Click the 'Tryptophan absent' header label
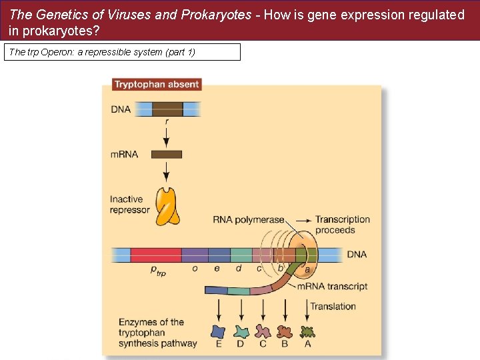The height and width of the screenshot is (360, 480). [156, 85]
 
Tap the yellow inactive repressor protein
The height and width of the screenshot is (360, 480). [167, 205]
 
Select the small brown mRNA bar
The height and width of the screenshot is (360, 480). [167, 155]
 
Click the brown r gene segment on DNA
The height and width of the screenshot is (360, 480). [167, 109]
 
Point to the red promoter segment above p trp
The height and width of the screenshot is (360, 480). [155, 255]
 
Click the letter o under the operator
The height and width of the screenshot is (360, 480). [195, 269]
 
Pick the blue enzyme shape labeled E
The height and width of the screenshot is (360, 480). [218, 331]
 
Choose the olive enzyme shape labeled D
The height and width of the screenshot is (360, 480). [241, 331]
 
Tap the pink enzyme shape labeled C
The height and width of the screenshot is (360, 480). [263, 331]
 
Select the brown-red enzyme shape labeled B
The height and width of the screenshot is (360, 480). [285, 331]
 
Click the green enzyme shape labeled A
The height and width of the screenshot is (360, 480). [307, 331]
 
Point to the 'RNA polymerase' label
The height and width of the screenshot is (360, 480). [248, 219]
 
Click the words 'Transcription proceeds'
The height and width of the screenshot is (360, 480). [343, 225]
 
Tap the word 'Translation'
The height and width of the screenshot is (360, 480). [333, 307]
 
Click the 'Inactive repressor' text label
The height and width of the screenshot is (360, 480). [130, 205]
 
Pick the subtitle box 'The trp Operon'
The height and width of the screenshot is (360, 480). [122, 52]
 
